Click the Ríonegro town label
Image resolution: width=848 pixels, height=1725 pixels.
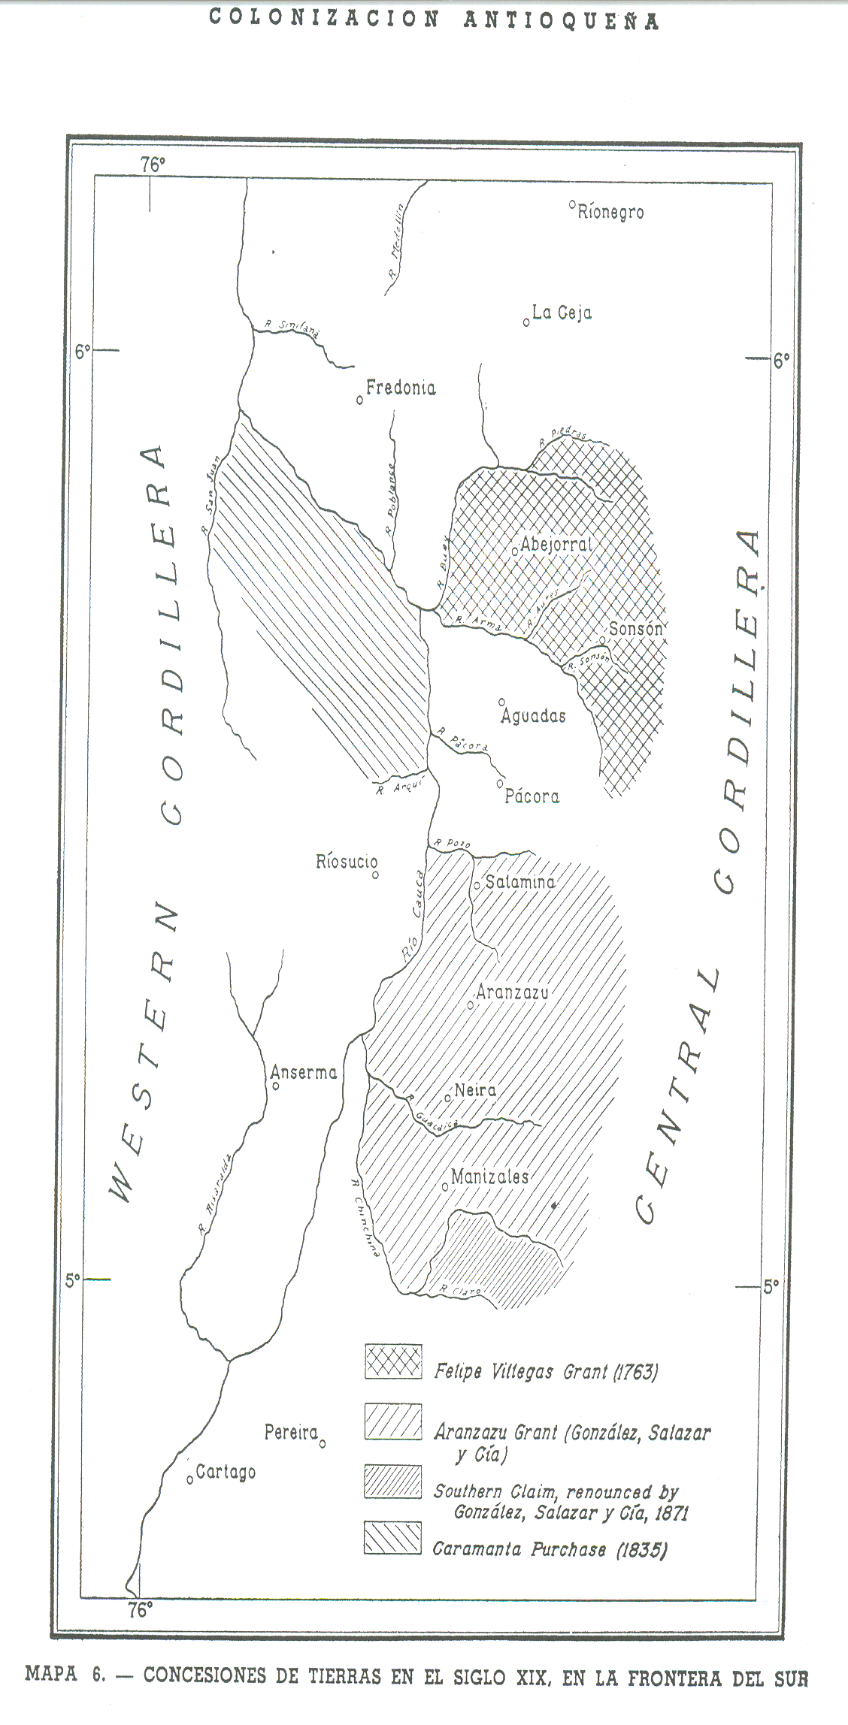point(610,213)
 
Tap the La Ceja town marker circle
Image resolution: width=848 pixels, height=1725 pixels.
point(526,322)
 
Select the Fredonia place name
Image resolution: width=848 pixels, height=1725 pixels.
point(401,388)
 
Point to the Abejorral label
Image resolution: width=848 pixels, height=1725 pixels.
point(556,545)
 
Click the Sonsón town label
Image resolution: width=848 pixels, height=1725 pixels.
point(636,629)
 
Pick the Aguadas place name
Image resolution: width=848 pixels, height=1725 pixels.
point(533,716)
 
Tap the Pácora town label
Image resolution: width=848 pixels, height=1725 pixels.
point(532,796)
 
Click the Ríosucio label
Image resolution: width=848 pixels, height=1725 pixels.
point(346,862)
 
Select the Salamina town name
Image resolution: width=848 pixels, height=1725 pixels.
point(520,882)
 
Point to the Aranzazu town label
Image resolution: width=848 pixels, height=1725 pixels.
point(513,992)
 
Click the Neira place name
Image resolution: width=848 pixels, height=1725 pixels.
point(475,1090)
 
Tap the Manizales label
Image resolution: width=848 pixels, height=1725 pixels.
point(490,1177)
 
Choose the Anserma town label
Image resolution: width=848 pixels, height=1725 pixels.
point(304,1073)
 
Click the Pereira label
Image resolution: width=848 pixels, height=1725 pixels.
point(291,1433)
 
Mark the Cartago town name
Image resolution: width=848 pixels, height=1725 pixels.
point(226,1473)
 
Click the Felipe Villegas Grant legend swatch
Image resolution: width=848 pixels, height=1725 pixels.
point(393,1362)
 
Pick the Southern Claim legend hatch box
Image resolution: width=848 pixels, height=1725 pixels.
point(393,1482)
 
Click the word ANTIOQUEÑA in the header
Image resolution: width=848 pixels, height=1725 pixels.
point(561,20)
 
